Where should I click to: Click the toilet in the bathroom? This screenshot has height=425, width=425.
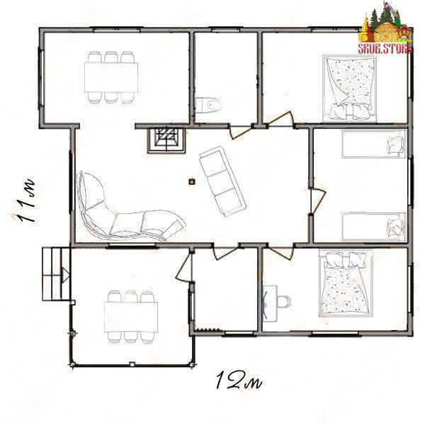pos(208,105)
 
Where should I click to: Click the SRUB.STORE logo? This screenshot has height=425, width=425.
pos(386,28)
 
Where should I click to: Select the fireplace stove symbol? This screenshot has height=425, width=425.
pos(166,140)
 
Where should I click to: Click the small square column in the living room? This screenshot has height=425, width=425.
pos(192,181)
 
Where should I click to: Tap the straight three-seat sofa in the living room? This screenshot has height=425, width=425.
pos(222,181)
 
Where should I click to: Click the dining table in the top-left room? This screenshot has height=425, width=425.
pos(111,77)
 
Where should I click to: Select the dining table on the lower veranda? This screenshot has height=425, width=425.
pos(131,317)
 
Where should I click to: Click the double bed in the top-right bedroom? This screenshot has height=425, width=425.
pos(349,89)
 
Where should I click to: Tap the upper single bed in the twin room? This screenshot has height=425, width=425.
pos(374,144)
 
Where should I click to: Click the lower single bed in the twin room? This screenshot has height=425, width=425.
pos(374,227)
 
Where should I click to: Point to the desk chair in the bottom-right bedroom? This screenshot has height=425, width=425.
pos(284,302)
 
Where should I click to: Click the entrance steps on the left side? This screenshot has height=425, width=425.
pos(56,273)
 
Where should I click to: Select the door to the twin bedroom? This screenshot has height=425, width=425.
pos(317,200)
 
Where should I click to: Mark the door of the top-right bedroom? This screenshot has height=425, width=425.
pos(280,119)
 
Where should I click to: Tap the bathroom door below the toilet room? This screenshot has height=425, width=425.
pos(241,132)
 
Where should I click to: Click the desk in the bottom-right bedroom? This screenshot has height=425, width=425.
pos(270,304)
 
